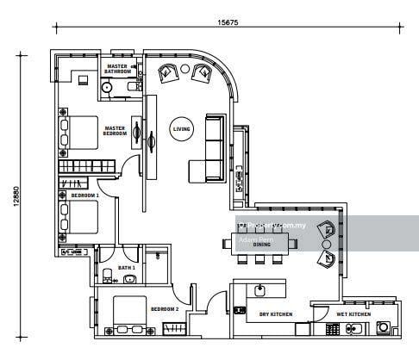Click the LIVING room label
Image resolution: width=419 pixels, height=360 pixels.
pyautogui.click(x=182, y=129)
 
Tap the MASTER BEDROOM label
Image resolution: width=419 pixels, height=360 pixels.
pyautogui.click(x=116, y=131)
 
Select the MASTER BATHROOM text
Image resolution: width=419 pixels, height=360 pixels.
pyautogui.click(x=117, y=69)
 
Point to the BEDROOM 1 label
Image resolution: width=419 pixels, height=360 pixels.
pyautogui.click(x=85, y=196)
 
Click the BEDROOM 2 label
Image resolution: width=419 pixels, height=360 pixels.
pyautogui.click(x=164, y=308)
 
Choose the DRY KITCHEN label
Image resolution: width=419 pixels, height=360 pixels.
pyautogui.click(x=276, y=314)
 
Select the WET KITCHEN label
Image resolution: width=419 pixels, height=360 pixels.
pyautogui.click(x=353, y=314)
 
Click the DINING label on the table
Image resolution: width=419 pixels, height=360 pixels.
pyautogui.click(x=262, y=245)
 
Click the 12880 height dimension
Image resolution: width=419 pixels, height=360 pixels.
pyautogui.click(x=16, y=196)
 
